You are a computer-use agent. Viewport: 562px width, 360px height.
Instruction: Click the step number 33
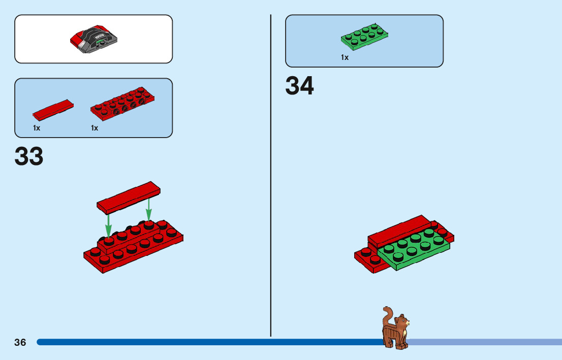coord(29,156)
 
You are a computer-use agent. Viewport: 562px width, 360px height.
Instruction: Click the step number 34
coord(299,86)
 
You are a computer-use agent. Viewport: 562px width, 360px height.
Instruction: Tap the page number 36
coord(20,342)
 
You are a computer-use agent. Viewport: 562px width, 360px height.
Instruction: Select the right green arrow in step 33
coord(148,209)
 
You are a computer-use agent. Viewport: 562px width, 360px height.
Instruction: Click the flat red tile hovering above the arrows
coord(129,197)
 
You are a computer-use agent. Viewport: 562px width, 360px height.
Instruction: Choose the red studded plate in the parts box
coord(122,105)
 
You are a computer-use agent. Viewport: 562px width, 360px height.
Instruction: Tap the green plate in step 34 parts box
coord(365,37)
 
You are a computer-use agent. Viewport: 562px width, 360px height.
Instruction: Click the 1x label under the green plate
coord(345,58)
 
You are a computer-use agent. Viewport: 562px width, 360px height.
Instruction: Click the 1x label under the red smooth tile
coord(37,128)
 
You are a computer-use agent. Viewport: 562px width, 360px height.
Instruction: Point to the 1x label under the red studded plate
coord(95,128)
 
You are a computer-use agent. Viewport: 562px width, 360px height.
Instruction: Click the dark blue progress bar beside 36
coord(203,342)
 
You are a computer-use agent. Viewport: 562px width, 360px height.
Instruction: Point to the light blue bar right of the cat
coord(483,342)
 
